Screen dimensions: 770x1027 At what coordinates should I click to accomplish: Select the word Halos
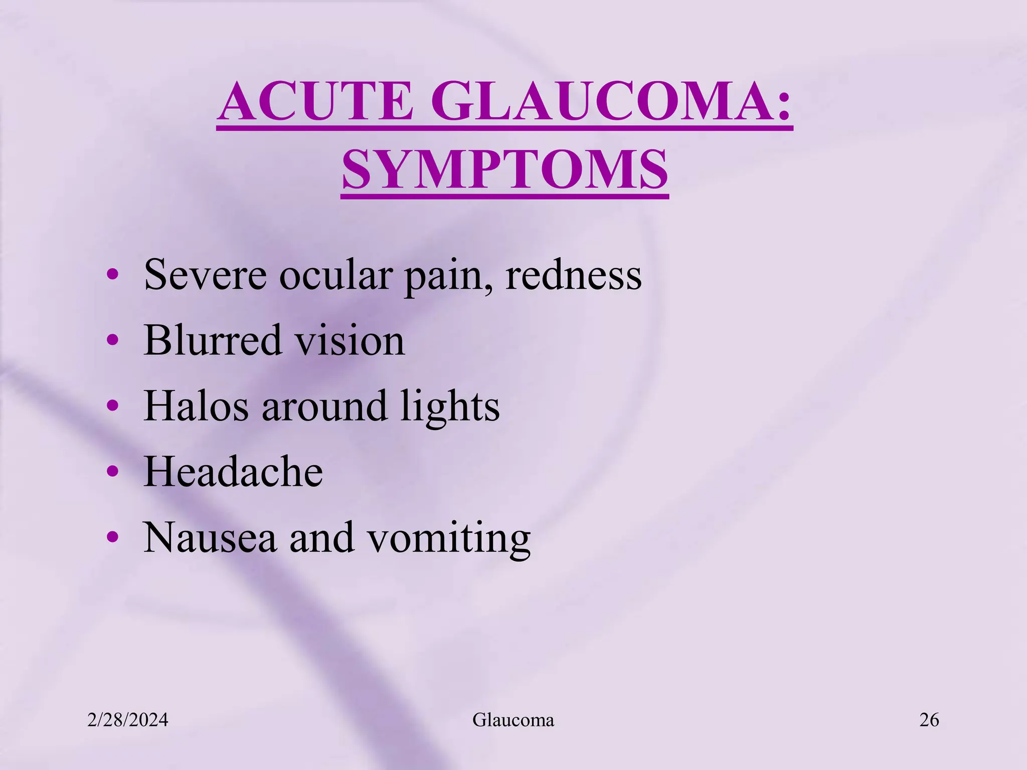point(196,406)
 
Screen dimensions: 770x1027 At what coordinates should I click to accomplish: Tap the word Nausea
point(210,537)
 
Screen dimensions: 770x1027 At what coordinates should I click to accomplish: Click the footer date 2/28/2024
point(128,720)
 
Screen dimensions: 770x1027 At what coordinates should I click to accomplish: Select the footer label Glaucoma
point(513,720)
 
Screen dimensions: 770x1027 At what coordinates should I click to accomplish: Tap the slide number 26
point(929,720)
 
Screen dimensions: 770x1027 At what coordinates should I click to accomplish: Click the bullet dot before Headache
point(113,472)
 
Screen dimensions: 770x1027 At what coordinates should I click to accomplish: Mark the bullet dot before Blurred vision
point(113,340)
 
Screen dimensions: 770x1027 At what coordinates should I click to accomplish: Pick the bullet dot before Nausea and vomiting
point(113,537)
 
